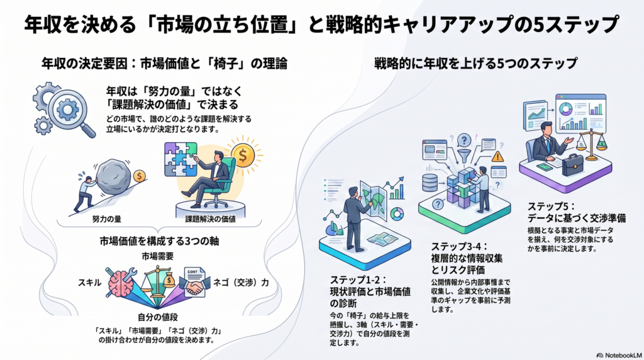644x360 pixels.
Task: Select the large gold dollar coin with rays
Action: [243, 155]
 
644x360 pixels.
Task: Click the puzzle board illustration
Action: [180, 159]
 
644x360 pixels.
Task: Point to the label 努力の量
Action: [107, 219]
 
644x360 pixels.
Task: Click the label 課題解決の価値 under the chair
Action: [210, 219]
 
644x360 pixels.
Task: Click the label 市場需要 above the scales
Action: [157, 256]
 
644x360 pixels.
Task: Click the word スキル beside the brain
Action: [89, 283]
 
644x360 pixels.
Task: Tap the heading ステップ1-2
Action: [358, 280]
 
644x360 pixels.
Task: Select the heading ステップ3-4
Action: [459, 247]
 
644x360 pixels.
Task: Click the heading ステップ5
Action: [552, 206]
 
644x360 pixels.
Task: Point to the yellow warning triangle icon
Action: [497, 157]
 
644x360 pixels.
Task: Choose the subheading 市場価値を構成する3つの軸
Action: [159, 241]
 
